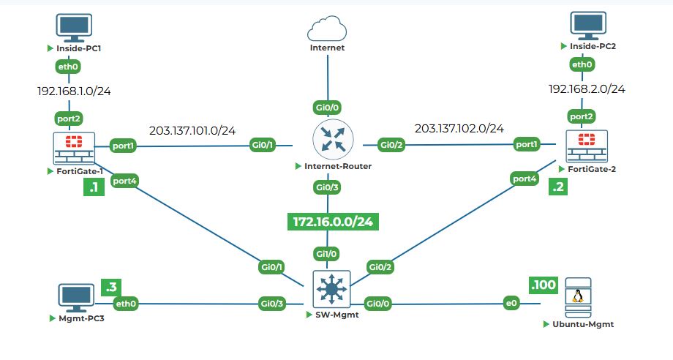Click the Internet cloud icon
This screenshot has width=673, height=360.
click(x=327, y=29)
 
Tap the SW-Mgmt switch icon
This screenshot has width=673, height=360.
click(x=332, y=290)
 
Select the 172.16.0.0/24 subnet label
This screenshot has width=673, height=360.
click(x=332, y=221)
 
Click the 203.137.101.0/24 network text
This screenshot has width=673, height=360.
click(x=192, y=131)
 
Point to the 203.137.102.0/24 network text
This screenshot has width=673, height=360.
click(x=459, y=129)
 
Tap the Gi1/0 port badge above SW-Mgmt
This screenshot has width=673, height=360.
click(x=327, y=253)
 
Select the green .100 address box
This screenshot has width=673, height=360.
click(x=542, y=285)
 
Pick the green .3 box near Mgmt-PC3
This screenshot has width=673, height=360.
click(x=111, y=287)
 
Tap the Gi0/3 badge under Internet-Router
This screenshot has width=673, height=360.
click(x=327, y=188)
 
